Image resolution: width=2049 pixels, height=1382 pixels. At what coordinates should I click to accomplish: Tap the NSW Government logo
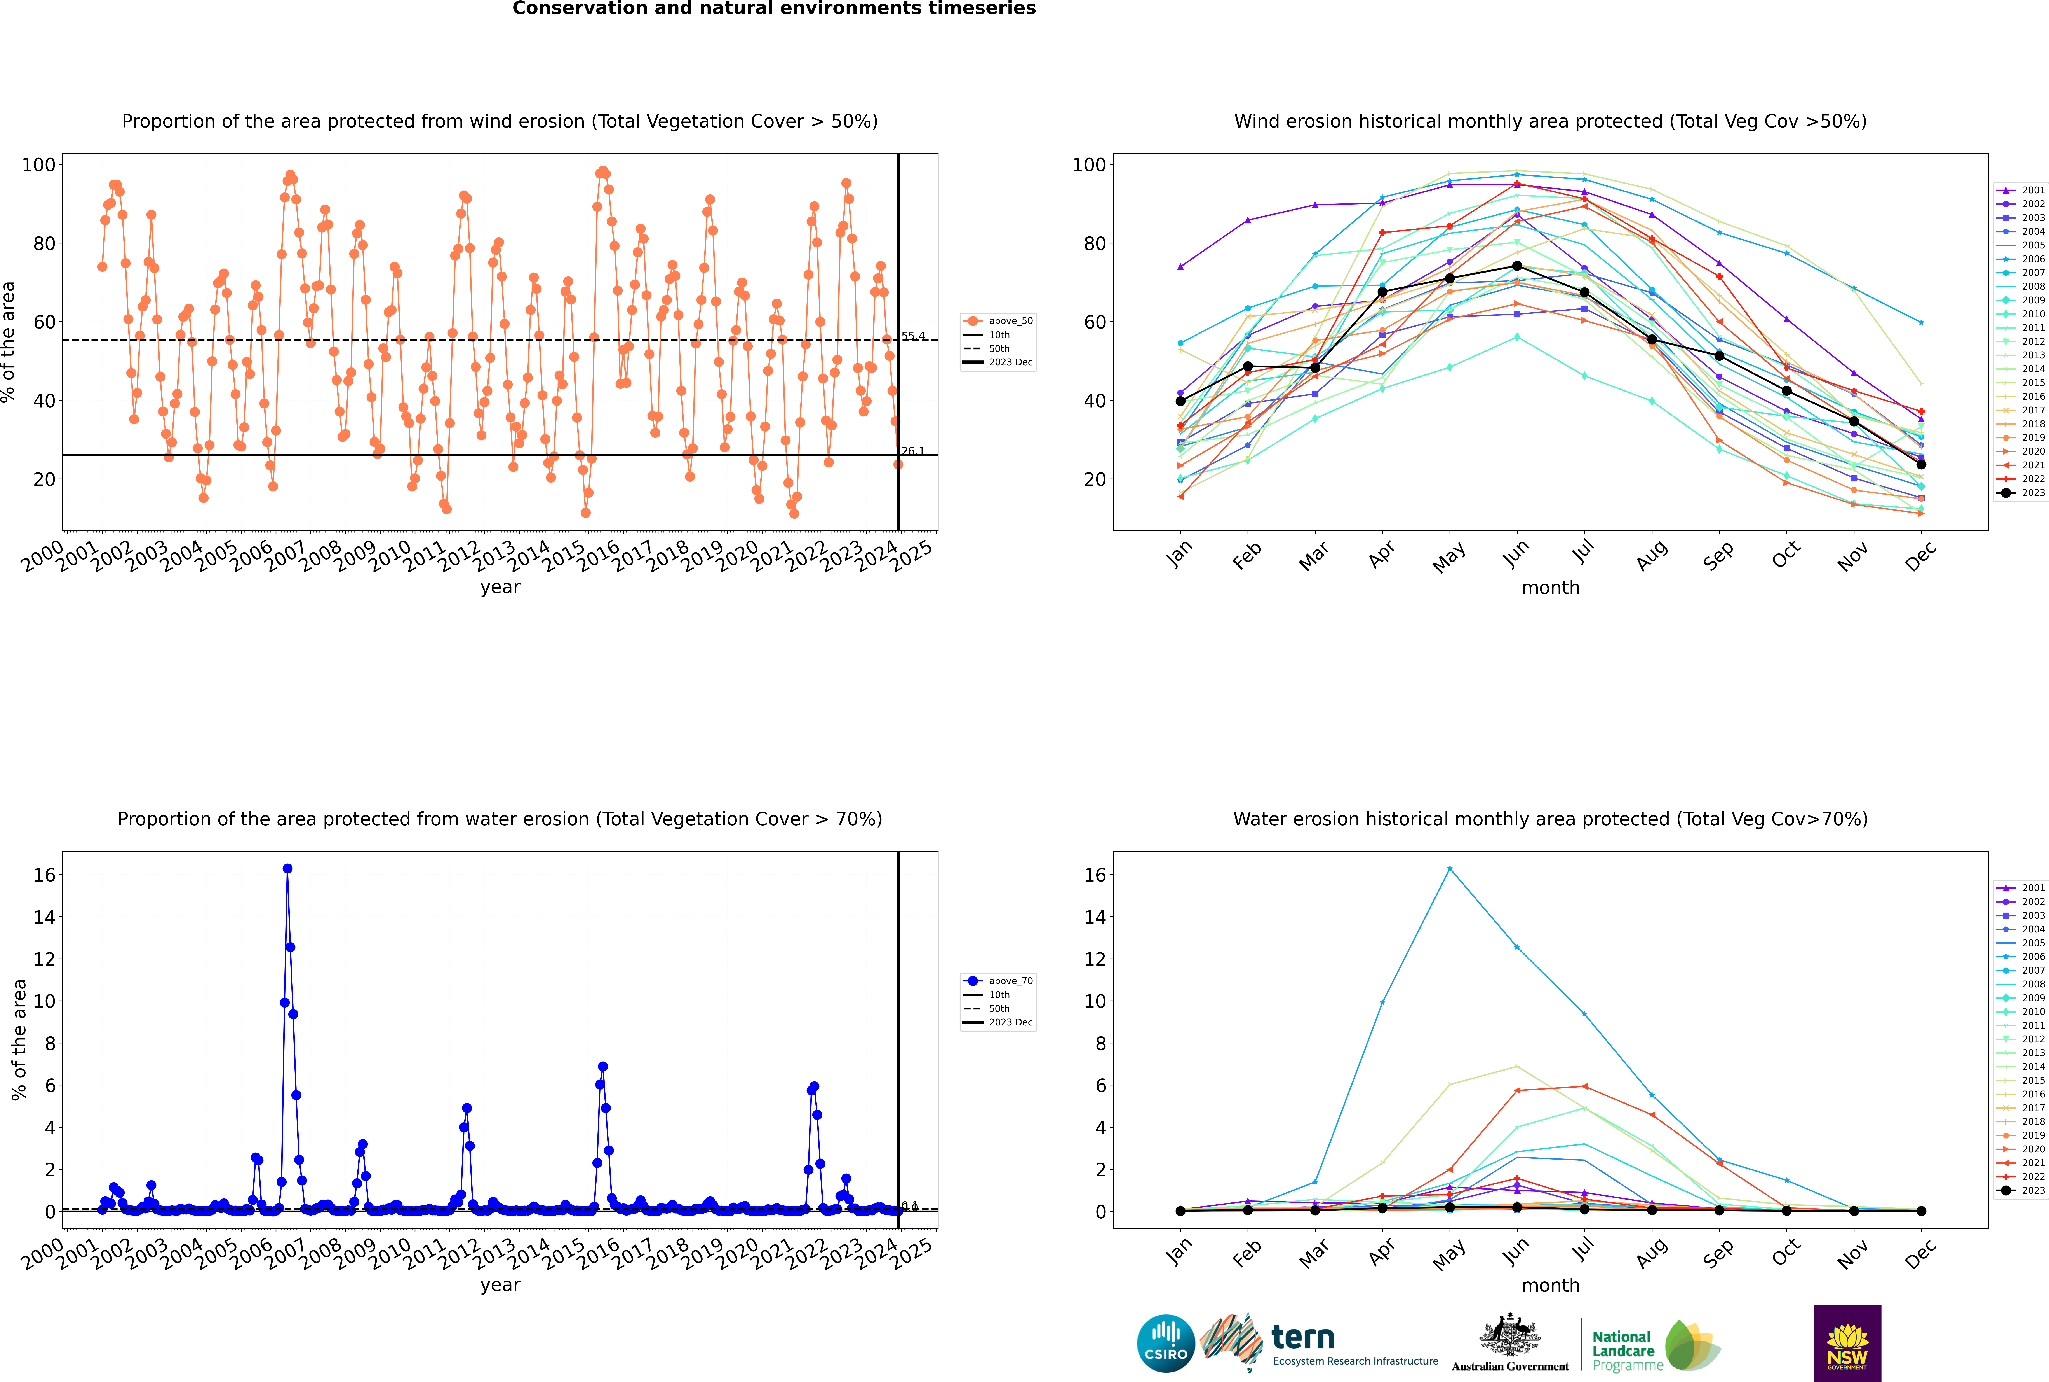pyautogui.click(x=1847, y=1343)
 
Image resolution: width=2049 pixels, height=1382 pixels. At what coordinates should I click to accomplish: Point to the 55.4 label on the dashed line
pyautogui.click(x=913, y=336)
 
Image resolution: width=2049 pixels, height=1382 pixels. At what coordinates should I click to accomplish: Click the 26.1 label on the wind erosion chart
pyautogui.click(x=913, y=451)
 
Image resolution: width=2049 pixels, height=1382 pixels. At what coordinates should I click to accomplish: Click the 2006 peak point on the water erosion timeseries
pyautogui.click(x=287, y=869)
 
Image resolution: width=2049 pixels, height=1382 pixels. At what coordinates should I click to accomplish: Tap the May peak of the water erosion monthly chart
pyautogui.click(x=1449, y=869)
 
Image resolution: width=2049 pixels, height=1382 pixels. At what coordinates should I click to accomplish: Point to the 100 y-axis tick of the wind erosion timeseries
pyautogui.click(x=39, y=165)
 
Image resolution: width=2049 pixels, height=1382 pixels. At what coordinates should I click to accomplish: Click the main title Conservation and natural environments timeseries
pyautogui.click(x=773, y=9)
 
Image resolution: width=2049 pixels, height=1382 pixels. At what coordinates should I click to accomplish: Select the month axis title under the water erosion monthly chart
pyautogui.click(x=1550, y=1285)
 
